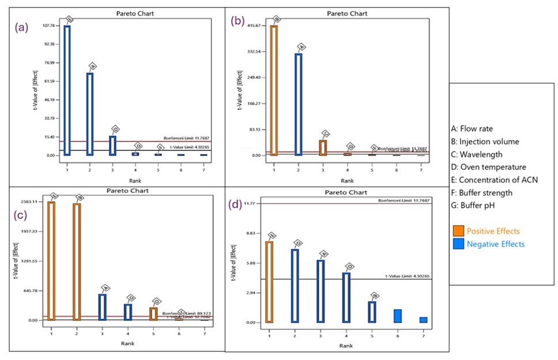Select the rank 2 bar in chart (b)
click(299, 104)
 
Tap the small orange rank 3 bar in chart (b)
click(323, 148)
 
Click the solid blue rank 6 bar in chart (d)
click(398, 316)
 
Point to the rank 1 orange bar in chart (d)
click(269, 282)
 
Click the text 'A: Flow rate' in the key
click(472, 128)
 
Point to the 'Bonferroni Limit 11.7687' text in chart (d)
click(404, 200)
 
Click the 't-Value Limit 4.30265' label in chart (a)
click(185, 148)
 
